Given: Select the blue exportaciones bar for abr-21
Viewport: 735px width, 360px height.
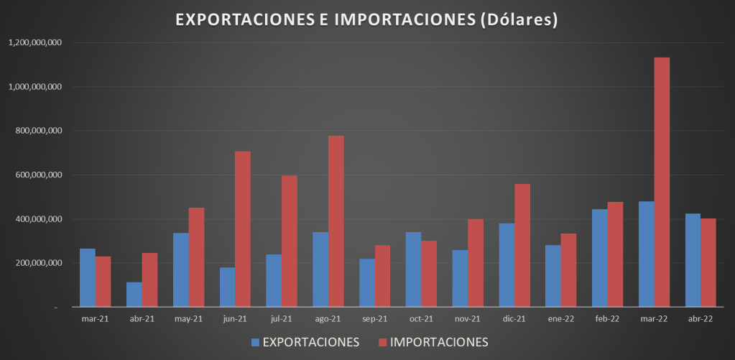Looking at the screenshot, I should (x=134, y=295).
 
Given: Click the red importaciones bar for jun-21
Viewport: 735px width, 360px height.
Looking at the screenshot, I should (x=243, y=229).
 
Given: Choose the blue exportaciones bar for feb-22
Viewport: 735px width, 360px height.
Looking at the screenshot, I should (x=599, y=258).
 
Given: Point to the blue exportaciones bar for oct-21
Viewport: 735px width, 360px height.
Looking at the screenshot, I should (x=413, y=269).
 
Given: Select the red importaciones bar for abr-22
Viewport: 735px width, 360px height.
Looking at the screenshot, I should (x=708, y=263).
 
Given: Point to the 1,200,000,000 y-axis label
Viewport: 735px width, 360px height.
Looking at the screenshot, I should (x=35, y=43).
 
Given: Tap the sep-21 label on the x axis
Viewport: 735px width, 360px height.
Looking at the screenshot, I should (x=374, y=319).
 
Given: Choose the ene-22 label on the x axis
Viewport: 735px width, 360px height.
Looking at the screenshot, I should (x=560, y=319).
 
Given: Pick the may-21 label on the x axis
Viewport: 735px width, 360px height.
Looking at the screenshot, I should (x=188, y=319).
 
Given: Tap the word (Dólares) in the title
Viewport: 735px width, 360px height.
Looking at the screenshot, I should (x=518, y=20).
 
